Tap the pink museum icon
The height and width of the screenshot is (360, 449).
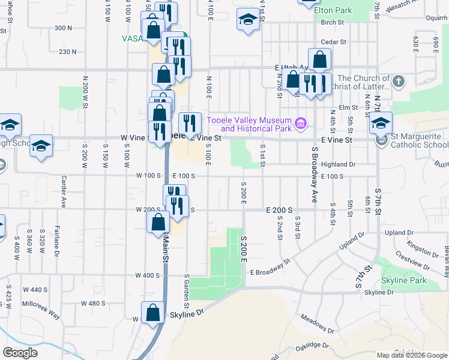(301, 125)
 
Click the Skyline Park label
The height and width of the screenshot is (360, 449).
(403, 280)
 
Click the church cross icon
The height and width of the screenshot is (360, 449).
(398, 80)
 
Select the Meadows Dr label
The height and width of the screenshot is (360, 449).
(317, 324)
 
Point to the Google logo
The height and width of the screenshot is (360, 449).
(20, 353)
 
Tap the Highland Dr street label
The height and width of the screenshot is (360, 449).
(339, 164)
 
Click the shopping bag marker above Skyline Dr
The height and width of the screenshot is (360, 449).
(153, 313)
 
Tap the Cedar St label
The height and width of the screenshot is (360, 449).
(334, 42)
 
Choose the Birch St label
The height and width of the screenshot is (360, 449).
(331, 22)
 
